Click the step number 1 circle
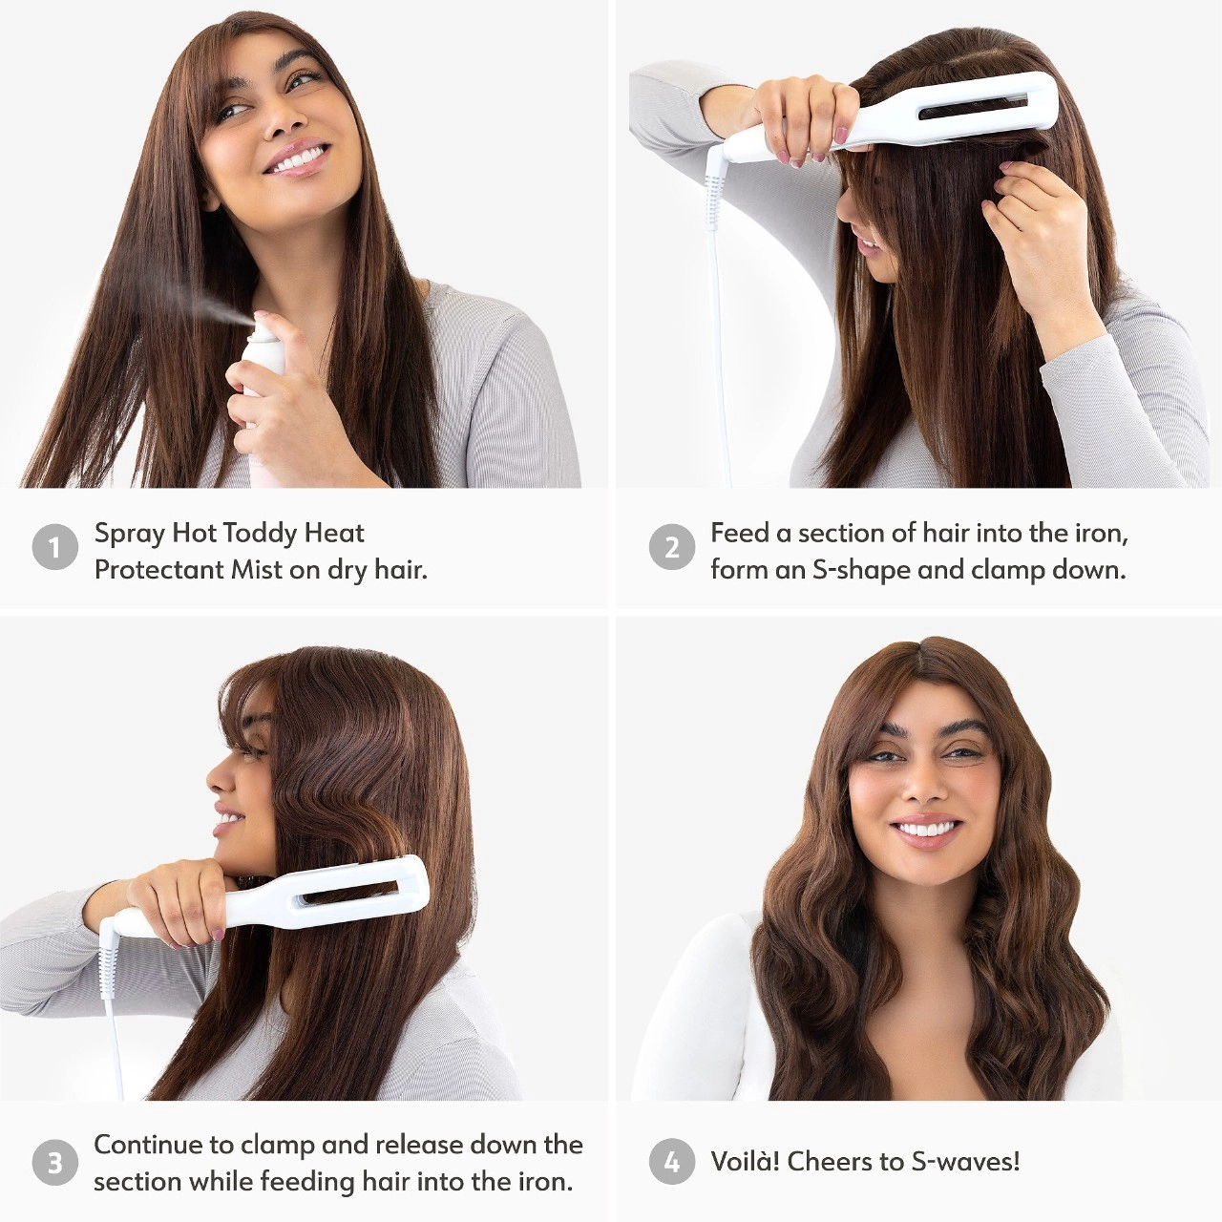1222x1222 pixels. pos(54,548)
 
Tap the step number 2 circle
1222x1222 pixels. pos(672,548)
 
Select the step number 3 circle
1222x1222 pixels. pos(54,1162)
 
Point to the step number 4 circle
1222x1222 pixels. pos(672,1162)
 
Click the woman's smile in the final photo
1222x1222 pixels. pos(921,829)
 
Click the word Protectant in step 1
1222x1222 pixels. pos(158,570)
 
